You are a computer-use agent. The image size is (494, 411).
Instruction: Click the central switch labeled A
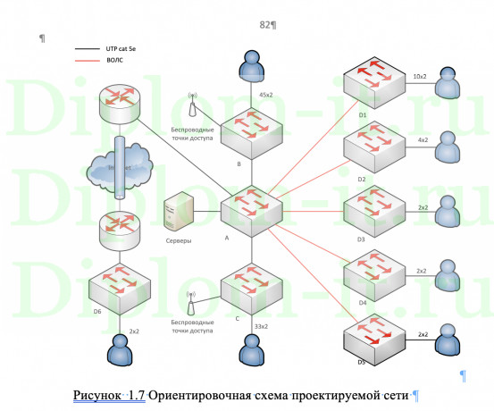pyautogui.click(x=252, y=211)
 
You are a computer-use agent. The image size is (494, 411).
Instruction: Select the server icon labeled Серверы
pyautogui.click(x=174, y=217)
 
